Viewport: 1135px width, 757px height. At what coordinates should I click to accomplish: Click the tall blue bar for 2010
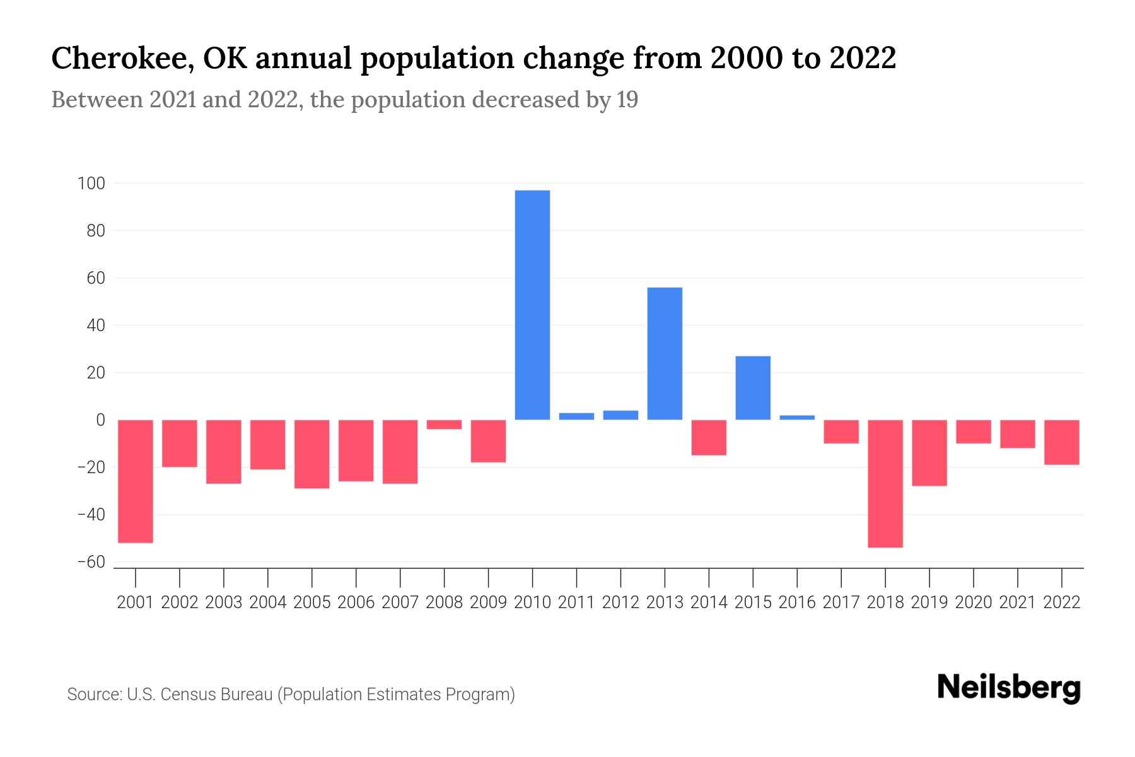(532, 305)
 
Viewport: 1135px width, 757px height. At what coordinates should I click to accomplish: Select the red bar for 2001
(136, 481)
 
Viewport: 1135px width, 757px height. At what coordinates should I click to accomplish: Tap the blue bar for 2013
(665, 353)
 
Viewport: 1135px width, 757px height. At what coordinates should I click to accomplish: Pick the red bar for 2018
(885, 483)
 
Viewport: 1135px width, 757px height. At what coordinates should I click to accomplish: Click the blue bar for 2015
(753, 388)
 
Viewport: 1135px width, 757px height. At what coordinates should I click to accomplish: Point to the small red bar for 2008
(445, 425)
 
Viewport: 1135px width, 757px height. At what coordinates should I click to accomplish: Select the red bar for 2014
(709, 437)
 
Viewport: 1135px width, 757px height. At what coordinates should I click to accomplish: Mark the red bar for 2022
(1062, 442)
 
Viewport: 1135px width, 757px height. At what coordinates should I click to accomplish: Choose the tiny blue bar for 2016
(797, 417)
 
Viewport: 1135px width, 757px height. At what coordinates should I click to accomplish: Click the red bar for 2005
(312, 454)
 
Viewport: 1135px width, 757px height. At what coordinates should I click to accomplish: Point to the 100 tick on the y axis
(91, 184)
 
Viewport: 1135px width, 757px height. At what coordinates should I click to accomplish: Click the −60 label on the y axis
(91, 562)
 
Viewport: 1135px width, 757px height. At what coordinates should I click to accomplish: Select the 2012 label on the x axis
(620, 602)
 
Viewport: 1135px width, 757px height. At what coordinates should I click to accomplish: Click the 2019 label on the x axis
(929, 602)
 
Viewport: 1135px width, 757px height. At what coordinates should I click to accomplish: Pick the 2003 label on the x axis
(224, 602)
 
